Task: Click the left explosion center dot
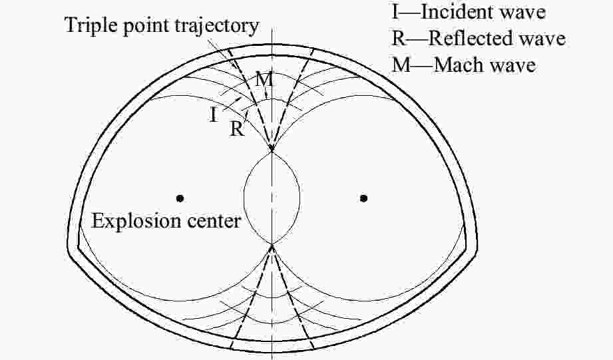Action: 180,198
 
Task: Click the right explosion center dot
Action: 363,198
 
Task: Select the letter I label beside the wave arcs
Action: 213,115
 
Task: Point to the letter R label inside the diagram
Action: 236,129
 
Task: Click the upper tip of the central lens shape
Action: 272,152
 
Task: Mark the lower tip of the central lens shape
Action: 272,244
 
